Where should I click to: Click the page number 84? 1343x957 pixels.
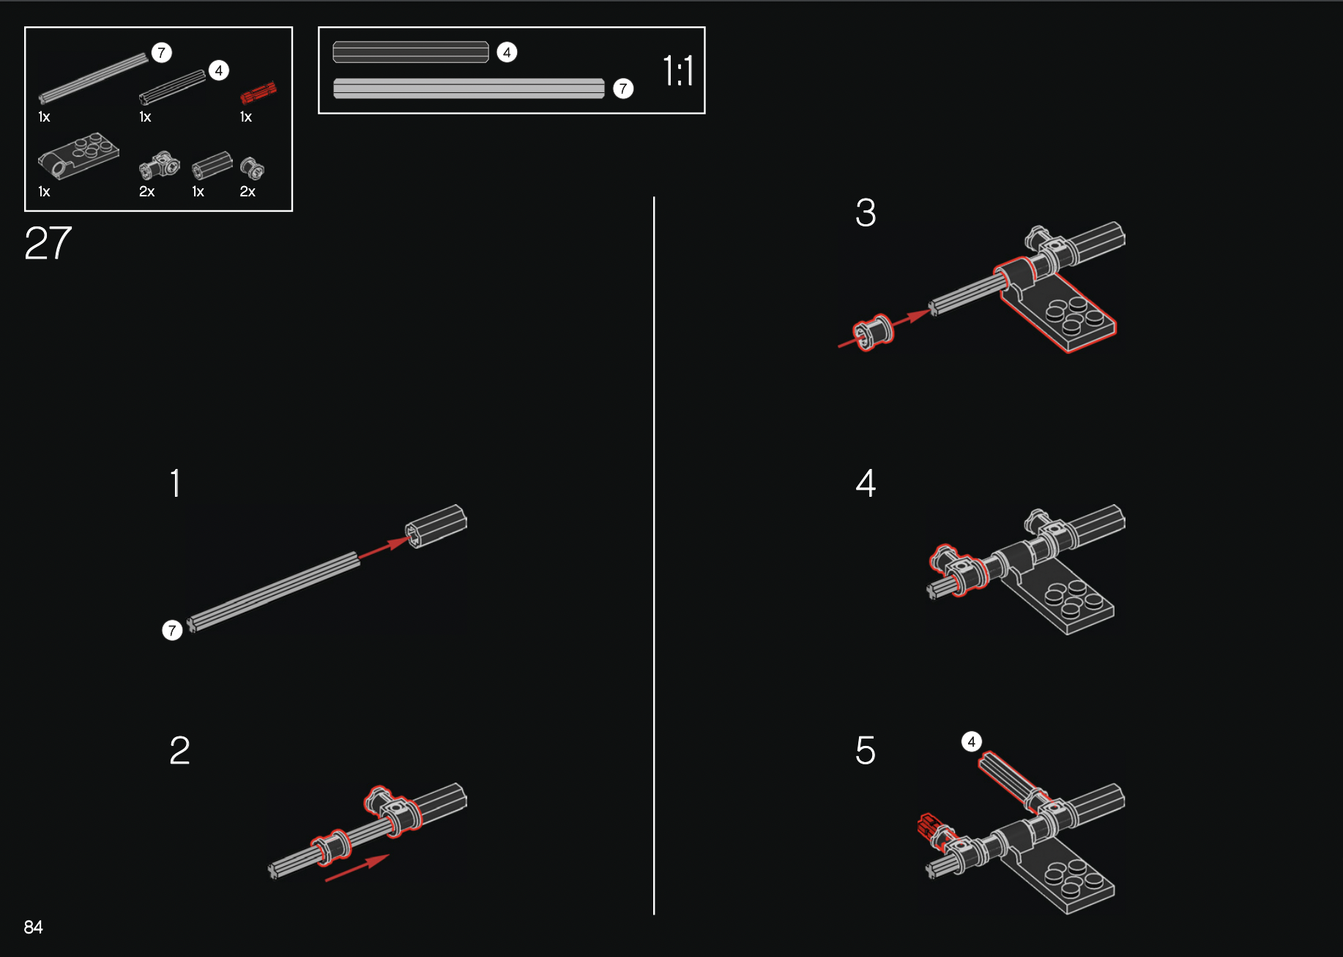[x=33, y=927]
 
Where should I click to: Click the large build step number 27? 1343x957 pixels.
[x=48, y=243]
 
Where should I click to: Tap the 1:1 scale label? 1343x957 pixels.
[x=678, y=71]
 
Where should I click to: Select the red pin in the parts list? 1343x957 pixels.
[x=258, y=92]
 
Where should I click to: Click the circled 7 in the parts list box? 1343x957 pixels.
[x=162, y=53]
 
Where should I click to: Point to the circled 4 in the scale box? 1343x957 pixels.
[x=507, y=52]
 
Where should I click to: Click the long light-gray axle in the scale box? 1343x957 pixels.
[x=469, y=89]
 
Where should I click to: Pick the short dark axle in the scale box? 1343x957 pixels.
[x=411, y=52]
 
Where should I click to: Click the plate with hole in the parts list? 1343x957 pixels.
[x=78, y=155]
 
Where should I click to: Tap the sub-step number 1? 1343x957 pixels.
[x=175, y=483]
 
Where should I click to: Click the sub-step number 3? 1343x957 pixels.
[x=866, y=213]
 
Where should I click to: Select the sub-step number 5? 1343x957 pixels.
[x=866, y=750]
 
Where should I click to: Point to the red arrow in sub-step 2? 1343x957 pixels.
[x=357, y=868]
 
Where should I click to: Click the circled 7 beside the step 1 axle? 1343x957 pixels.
[x=172, y=630]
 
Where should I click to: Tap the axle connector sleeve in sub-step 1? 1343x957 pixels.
[x=436, y=525]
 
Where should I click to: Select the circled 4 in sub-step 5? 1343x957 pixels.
[x=972, y=742]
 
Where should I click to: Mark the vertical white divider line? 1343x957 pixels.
[x=654, y=555]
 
